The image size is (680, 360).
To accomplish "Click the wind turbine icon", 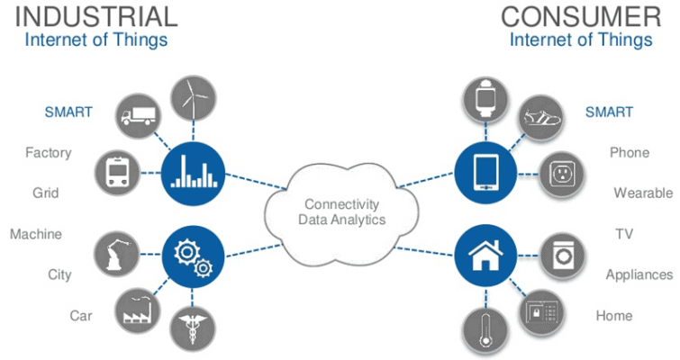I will click(x=191, y=95).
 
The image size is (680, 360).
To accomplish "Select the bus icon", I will click(x=116, y=169).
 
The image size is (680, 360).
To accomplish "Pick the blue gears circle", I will click(x=191, y=251).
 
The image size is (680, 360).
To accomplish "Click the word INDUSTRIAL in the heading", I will click(x=95, y=16).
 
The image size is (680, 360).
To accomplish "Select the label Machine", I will click(x=36, y=234).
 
